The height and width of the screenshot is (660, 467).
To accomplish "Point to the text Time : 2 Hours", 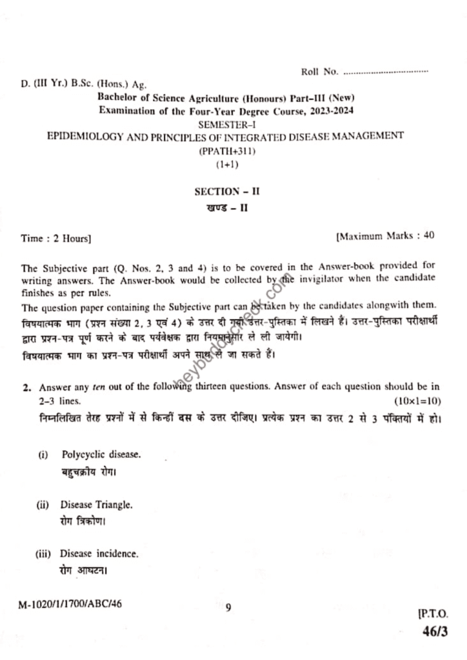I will tap(56, 238).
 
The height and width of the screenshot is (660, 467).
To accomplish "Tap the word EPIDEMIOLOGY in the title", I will tap(83, 137).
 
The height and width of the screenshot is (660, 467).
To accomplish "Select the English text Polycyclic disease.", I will tap(101, 454).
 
